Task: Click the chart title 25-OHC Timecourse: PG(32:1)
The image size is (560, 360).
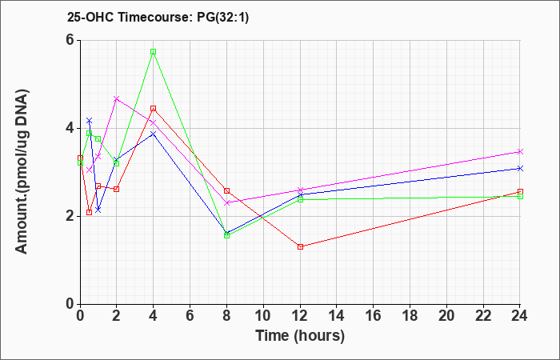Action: [x=158, y=18]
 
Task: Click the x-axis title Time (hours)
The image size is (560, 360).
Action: [x=300, y=336]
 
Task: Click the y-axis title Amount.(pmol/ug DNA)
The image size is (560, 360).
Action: [x=22, y=172]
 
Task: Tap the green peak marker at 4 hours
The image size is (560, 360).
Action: [x=154, y=52]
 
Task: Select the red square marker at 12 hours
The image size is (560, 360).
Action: [x=300, y=246]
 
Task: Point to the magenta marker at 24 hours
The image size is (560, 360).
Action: [x=520, y=152]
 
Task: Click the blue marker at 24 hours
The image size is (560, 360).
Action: [x=520, y=168]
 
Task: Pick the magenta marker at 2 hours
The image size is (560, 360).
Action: [x=117, y=98]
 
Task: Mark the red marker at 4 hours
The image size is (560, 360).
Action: [x=154, y=108]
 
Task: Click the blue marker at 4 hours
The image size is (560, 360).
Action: [x=154, y=134]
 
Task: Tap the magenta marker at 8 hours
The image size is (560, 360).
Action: [x=226, y=203]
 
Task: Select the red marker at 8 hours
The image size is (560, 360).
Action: [x=226, y=190]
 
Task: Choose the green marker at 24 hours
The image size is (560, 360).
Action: [x=520, y=196]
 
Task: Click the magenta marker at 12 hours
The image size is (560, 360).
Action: [x=300, y=190]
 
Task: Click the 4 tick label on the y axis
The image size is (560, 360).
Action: [x=70, y=128]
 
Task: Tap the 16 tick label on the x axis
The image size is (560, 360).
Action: [x=374, y=316]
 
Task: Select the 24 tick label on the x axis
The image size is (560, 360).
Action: [x=520, y=316]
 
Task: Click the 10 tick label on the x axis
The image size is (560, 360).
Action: [x=263, y=316]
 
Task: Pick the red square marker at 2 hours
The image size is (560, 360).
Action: [x=117, y=189]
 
